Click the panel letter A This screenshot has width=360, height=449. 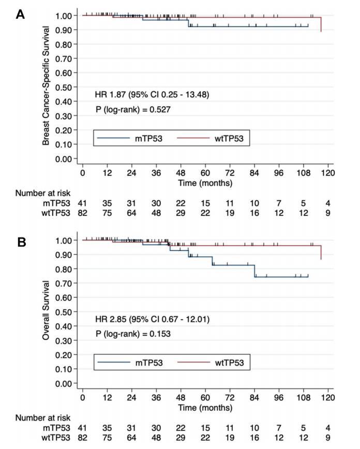coord(20,14)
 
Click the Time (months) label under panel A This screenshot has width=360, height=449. coord(206,183)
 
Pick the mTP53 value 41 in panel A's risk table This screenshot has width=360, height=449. coord(82,203)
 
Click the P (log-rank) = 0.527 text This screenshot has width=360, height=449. coord(133,109)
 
